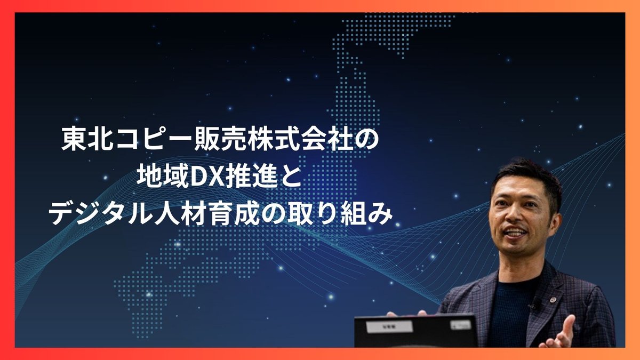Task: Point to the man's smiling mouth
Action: [516, 234]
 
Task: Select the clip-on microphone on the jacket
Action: [533, 306]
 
